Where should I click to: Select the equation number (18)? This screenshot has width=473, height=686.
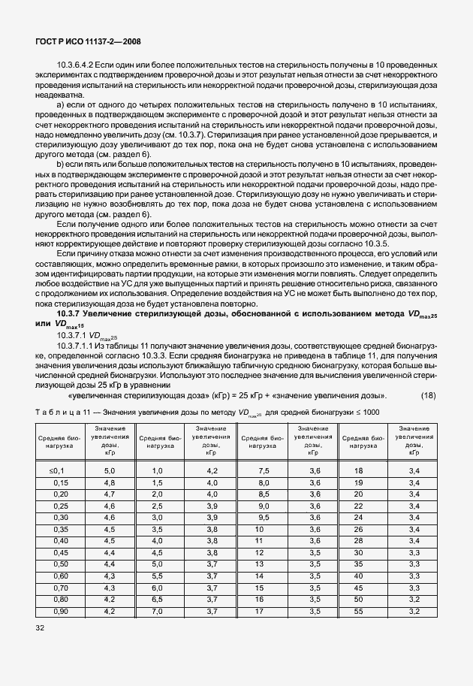click(426, 395)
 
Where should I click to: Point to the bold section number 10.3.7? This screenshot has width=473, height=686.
click(74, 313)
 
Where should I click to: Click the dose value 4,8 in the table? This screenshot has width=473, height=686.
click(110, 482)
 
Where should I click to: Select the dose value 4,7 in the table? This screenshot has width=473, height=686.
click(110, 494)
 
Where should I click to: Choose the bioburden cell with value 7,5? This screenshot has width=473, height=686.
click(264, 470)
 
